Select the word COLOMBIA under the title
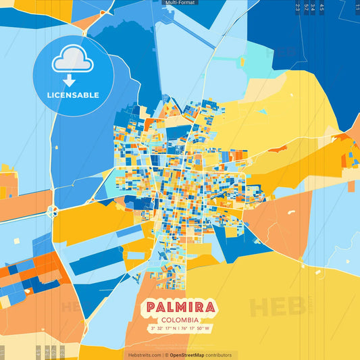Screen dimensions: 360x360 click(x=180, y=319)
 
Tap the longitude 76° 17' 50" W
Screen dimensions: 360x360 click(x=197, y=329)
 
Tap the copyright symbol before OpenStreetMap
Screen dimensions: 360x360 click(x=166, y=355)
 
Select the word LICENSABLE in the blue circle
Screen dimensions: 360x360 click(x=72, y=95)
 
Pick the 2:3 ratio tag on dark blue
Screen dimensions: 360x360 click(x=297, y=7)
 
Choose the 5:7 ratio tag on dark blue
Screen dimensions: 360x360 click(x=307, y=7)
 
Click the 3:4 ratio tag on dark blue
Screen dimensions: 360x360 click(x=313, y=7)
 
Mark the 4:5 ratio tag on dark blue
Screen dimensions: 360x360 click(x=322, y=7)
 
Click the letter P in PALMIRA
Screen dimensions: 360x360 click(x=150, y=309)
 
